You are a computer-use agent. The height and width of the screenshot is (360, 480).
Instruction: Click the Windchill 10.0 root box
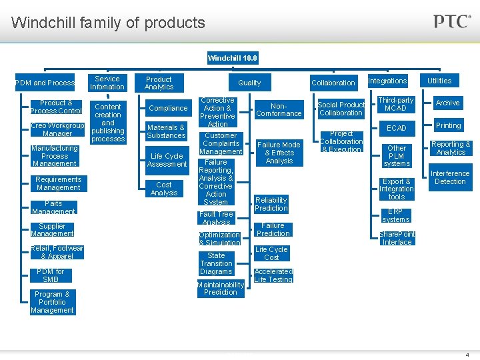click(232, 58)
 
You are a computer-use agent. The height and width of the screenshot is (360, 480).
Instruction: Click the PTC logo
click(452, 21)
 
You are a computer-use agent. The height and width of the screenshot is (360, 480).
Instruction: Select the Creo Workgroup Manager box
click(57, 129)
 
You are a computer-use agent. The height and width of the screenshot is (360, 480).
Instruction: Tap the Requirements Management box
click(58, 183)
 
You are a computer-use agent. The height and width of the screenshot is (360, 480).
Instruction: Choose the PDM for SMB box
click(51, 275)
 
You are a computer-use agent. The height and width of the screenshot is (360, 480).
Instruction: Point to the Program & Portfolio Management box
click(52, 302)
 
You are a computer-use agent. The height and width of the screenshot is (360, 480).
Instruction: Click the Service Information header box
click(107, 83)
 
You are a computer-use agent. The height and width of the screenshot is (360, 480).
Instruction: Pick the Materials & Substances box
click(167, 131)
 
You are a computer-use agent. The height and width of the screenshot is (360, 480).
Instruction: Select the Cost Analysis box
click(164, 189)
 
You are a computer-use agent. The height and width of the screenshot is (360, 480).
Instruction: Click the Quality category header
click(249, 83)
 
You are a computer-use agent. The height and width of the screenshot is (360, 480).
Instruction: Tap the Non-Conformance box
click(279, 109)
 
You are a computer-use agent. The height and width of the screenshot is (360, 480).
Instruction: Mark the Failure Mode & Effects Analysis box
click(279, 153)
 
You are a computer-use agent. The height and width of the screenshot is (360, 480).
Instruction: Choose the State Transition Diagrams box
click(216, 263)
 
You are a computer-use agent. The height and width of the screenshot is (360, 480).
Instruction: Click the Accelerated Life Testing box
click(273, 275)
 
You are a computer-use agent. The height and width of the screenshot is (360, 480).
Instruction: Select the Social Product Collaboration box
click(341, 109)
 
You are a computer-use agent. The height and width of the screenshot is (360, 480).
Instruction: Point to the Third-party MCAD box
click(396, 104)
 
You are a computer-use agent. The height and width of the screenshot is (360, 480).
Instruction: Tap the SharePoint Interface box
click(397, 238)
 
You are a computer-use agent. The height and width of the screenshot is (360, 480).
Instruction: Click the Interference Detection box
click(450, 177)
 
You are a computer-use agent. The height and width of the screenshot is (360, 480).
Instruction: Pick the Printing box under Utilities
click(448, 125)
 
